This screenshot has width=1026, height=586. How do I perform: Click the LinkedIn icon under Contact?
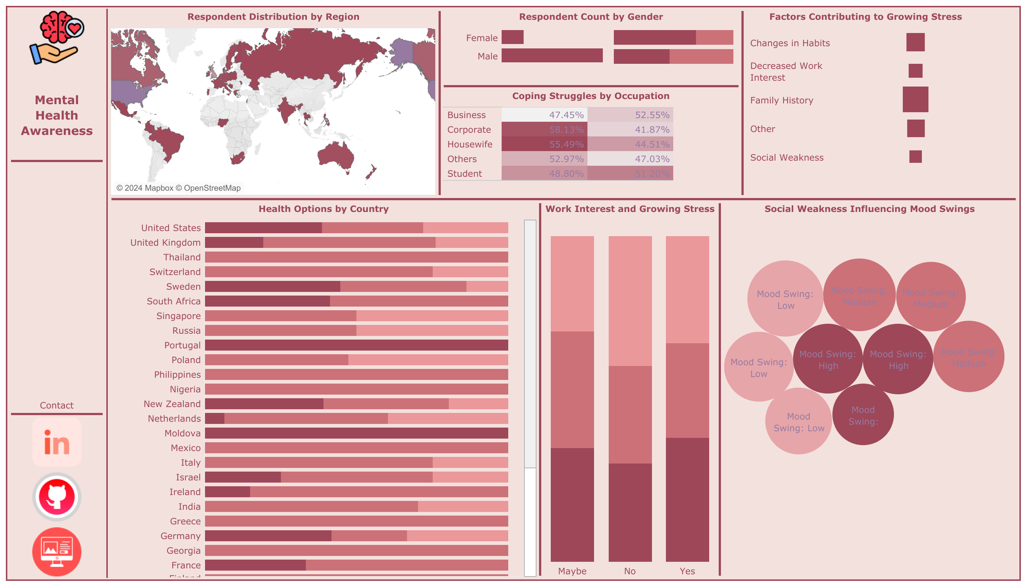point(57,442)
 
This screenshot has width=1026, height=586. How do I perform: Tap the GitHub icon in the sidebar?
point(57,497)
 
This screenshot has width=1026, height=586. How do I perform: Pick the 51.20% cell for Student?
point(630,173)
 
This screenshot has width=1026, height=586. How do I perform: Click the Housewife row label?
point(469,144)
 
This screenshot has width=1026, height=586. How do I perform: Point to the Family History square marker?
point(915,99)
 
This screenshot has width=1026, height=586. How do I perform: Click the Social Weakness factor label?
point(787,157)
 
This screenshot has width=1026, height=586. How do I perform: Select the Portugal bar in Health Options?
point(356,345)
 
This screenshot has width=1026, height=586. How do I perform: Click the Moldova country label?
point(182,433)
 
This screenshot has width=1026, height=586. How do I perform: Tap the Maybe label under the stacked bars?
point(572,571)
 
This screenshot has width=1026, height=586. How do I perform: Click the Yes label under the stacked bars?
point(687,571)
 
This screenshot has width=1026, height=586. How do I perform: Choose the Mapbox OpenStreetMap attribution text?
point(178,188)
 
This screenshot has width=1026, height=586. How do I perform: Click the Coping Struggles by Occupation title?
point(590,96)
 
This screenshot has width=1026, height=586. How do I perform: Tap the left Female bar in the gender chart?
point(512,37)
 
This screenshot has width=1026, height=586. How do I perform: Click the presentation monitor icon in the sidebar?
point(57,552)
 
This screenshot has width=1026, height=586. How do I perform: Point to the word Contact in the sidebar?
point(57,405)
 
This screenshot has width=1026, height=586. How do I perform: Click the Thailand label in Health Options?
point(182,257)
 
